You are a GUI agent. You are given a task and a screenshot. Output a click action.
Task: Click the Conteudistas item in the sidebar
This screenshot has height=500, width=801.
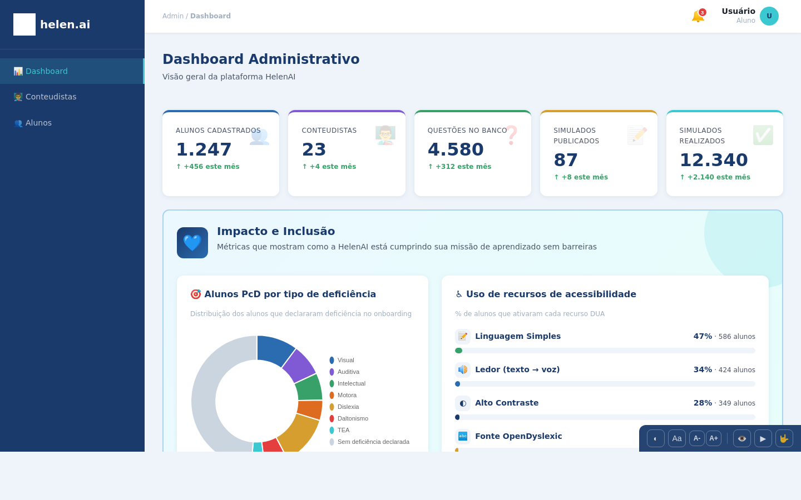pyautogui.click(x=51, y=97)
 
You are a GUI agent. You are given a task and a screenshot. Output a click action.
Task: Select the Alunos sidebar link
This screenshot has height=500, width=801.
pyautogui.click(x=38, y=123)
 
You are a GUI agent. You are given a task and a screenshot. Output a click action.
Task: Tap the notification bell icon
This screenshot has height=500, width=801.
pyautogui.click(x=698, y=16)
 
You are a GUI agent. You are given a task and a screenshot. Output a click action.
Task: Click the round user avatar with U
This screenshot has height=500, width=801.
pyautogui.click(x=769, y=16)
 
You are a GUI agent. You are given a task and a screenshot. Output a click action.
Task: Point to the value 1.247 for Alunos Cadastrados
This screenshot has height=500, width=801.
pyautogui.click(x=204, y=149)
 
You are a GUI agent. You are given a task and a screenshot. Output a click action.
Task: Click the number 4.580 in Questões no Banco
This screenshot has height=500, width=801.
pyautogui.click(x=456, y=149)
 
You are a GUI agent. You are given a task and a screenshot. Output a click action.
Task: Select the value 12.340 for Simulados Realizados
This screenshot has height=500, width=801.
pyautogui.click(x=714, y=160)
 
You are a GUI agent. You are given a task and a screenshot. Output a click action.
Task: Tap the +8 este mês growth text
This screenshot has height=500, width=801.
pyautogui.click(x=581, y=177)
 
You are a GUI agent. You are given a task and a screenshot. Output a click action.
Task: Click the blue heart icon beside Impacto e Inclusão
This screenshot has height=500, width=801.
pyautogui.click(x=192, y=243)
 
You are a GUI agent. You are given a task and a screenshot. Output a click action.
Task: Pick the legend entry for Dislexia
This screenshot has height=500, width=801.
pyautogui.click(x=348, y=407)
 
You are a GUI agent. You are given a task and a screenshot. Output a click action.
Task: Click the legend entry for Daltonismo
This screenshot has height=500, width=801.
pyautogui.click(x=352, y=418)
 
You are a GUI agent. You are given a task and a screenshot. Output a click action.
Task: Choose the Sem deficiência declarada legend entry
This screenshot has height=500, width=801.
pyautogui.click(x=373, y=442)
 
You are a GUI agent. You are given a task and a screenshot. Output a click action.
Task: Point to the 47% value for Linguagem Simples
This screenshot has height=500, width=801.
pyautogui.click(x=703, y=336)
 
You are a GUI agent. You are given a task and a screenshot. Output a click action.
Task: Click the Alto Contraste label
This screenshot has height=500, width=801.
pyautogui.click(x=506, y=403)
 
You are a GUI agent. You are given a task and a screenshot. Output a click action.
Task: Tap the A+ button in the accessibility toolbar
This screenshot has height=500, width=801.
pyautogui.click(x=714, y=438)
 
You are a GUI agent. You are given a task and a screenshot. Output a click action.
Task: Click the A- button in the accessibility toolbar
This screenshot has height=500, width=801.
pyautogui.click(x=696, y=438)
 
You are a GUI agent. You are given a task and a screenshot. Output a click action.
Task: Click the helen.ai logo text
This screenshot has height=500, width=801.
pyautogui.click(x=65, y=24)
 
